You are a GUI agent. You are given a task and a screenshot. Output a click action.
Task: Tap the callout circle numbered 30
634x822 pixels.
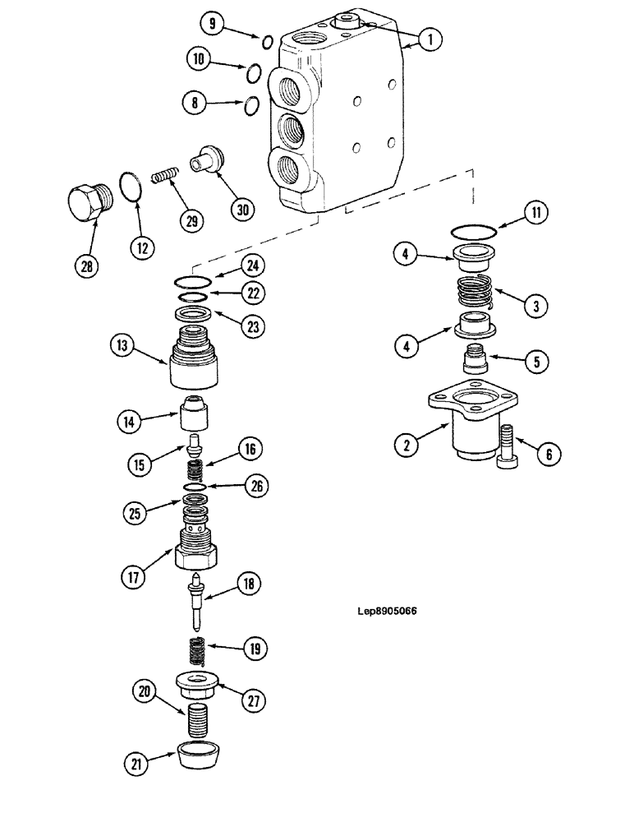pos(242,210)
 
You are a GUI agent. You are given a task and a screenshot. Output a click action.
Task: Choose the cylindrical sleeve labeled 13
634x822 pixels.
pos(194,361)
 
